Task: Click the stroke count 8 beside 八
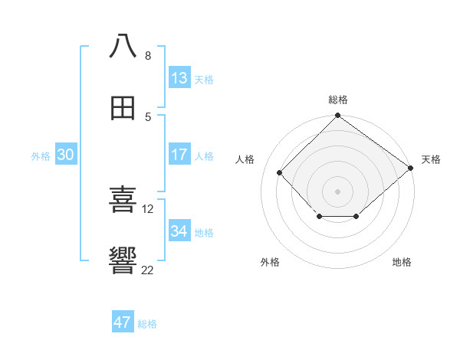click(x=148, y=55)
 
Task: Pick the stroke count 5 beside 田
click(x=148, y=117)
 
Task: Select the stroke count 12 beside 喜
click(x=149, y=208)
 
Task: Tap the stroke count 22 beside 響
click(x=148, y=270)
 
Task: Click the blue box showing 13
click(x=179, y=78)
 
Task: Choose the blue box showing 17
click(x=179, y=155)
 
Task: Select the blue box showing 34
click(x=179, y=231)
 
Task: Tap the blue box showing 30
click(x=66, y=155)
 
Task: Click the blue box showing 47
click(x=123, y=322)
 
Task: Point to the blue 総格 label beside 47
click(x=147, y=324)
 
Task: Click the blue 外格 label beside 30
click(x=41, y=156)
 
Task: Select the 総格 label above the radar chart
click(x=338, y=100)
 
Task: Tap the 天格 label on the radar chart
click(x=431, y=159)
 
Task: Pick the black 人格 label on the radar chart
click(x=245, y=159)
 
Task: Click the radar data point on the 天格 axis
click(x=411, y=168)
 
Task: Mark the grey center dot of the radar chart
click(x=338, y=191)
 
